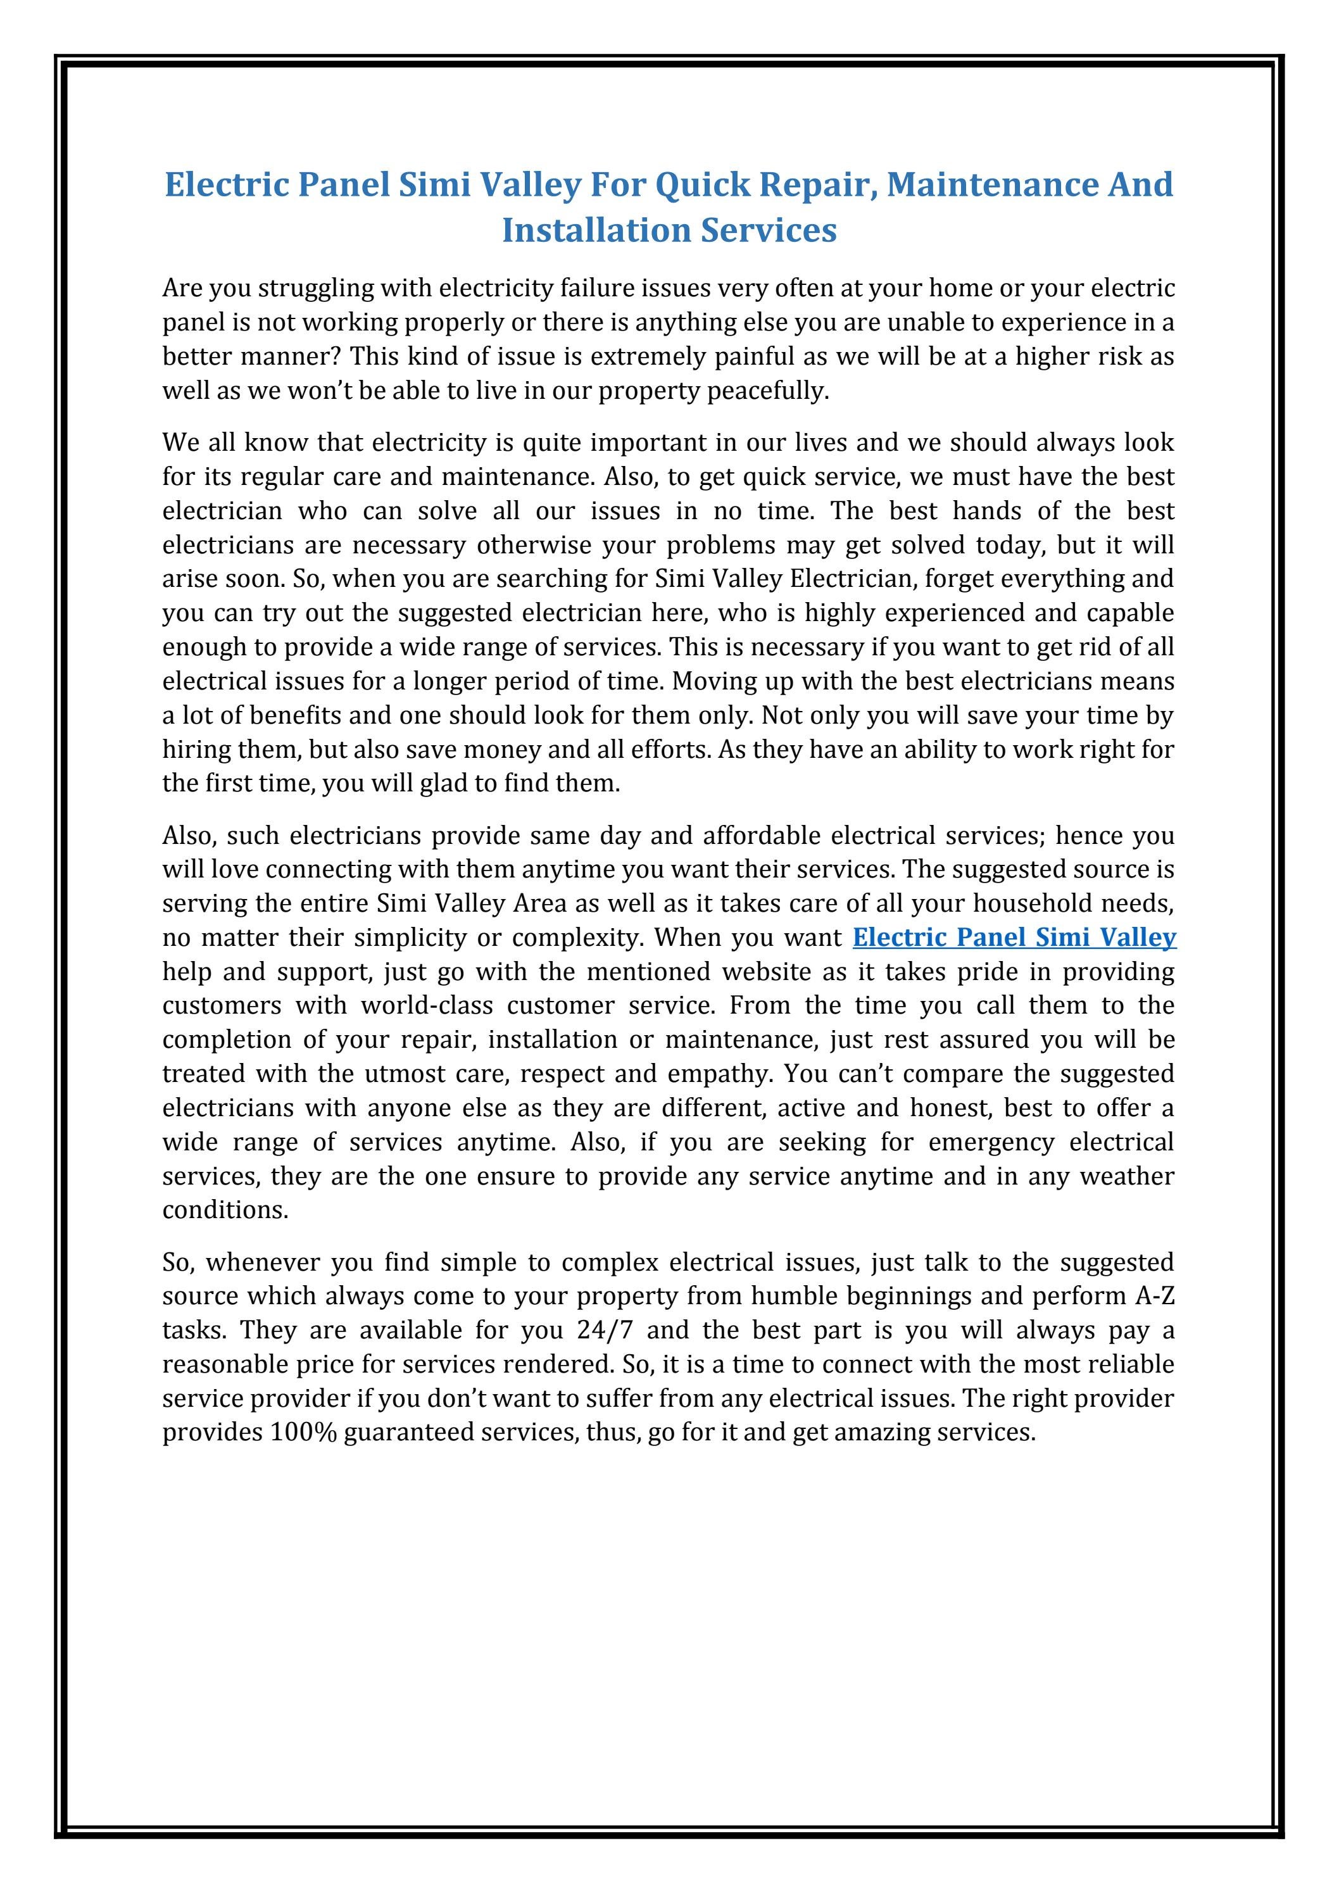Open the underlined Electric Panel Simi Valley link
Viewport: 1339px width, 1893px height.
[1014, 938]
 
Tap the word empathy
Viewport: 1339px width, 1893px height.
[733, 1074]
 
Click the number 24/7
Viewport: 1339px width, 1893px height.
[611, 1331]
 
